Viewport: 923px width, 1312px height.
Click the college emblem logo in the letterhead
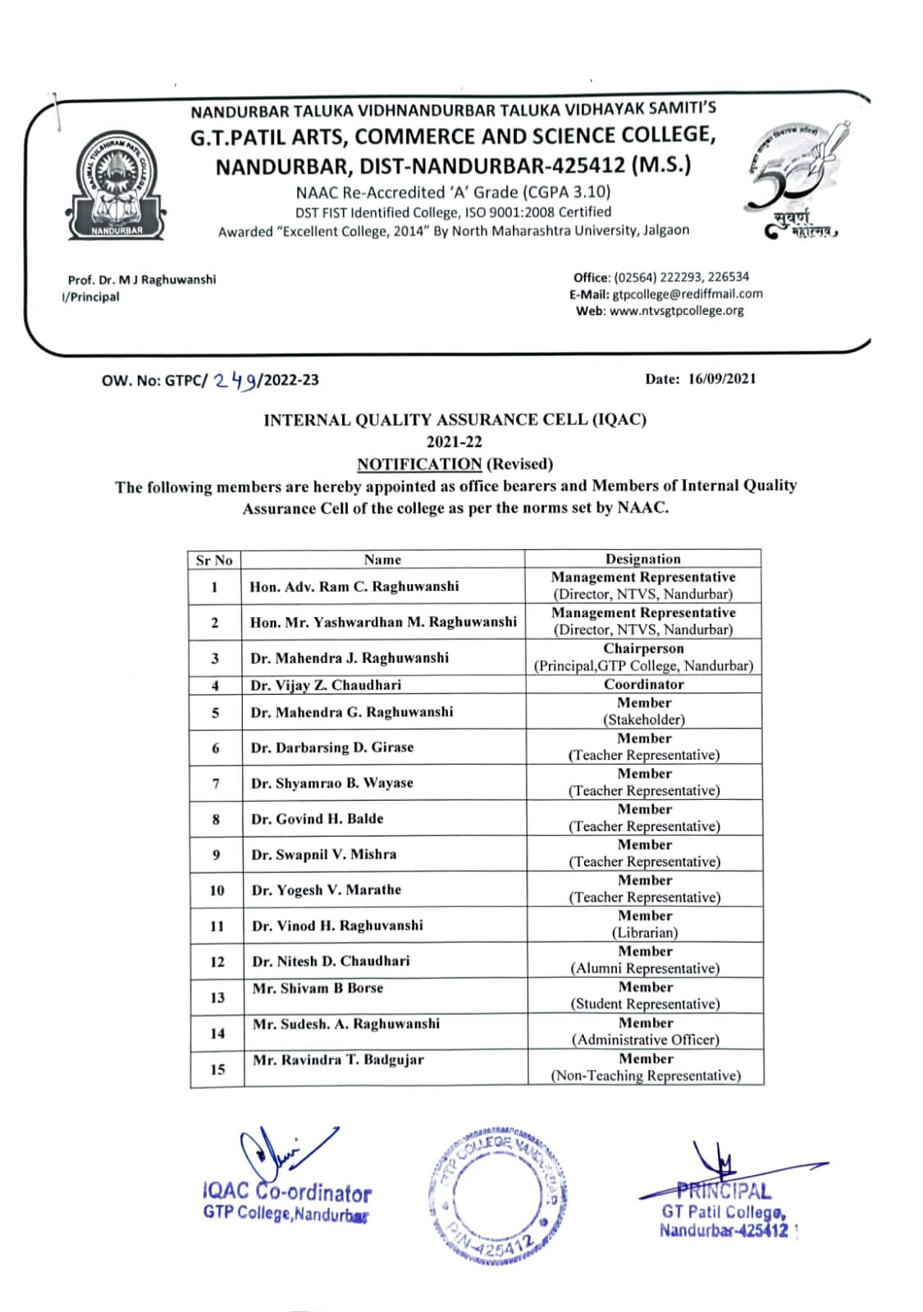coord(117,186)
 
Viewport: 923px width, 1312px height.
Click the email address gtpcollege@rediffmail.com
coord(687,294)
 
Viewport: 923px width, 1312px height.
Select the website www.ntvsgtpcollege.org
coord(676,311)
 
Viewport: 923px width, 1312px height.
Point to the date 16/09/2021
coord(722,379)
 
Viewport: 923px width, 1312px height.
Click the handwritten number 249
coord(236,380)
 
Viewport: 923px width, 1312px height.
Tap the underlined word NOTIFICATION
coord(418,464)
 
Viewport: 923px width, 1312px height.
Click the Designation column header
coord(642,559)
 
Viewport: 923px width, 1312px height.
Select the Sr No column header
coord(214,560)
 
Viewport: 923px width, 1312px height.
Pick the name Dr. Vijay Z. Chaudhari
coord(326,685)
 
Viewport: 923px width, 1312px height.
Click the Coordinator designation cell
coord(644,684)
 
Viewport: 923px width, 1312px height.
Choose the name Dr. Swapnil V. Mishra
coord(324,854)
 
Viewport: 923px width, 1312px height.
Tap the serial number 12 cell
coord(217,962)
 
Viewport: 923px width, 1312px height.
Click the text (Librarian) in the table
coord(645,933)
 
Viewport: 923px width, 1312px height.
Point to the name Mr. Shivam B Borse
coord(318,989)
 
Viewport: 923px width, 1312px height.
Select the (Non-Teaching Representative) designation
coord(646,1076)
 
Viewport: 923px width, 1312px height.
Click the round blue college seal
coord(496,1194)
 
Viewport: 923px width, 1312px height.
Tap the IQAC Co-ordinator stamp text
coord(287,1192)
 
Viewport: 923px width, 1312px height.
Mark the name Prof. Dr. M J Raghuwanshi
coord(142,280)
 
